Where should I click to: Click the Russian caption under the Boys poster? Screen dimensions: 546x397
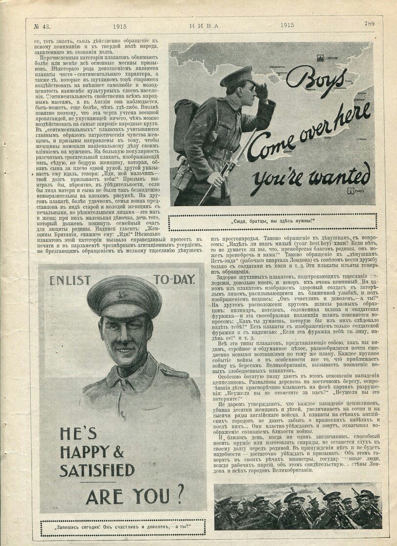click(273, 221)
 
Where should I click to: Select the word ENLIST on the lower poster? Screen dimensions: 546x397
click(70, 281)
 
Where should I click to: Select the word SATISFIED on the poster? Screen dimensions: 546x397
click(97, 471)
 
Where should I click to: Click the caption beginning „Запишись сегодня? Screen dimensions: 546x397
click(122, 528)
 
